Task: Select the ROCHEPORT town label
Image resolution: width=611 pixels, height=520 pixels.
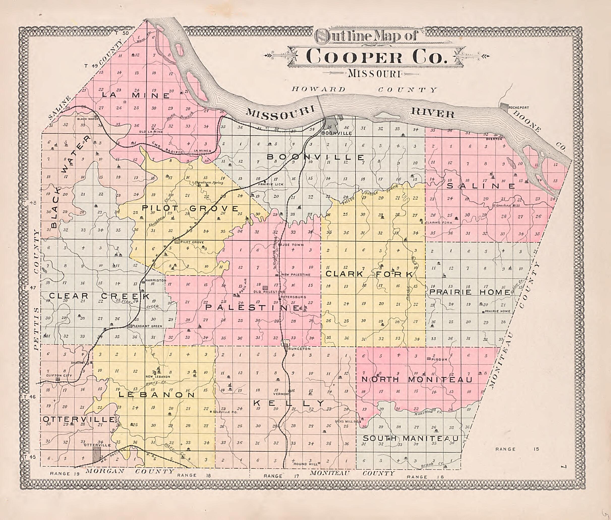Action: [518, 108]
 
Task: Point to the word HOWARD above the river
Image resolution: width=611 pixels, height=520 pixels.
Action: [318, 89]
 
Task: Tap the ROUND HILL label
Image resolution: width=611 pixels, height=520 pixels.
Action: [305, 464]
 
